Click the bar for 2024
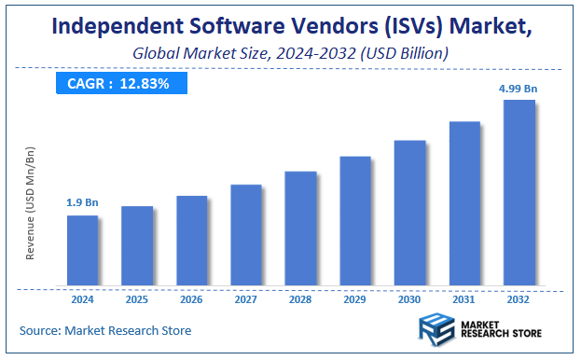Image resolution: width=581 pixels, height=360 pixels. (82, 250)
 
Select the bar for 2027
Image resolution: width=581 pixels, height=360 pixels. (246, 234)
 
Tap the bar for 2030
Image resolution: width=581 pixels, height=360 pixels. (409, 213)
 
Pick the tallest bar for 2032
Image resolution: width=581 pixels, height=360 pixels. (519, 192)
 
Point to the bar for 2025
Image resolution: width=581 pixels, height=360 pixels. (137, 245)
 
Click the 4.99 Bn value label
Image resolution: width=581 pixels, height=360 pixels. (519, 89)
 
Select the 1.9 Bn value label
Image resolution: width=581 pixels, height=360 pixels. (82, 202)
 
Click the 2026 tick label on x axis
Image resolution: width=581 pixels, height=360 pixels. (191, 300)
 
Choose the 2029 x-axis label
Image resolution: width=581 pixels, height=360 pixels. (355, 300)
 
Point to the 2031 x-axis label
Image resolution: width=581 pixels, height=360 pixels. (464, 300)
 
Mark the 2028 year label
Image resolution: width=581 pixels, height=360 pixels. (300, 300)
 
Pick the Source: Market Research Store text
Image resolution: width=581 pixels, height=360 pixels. (104, 330)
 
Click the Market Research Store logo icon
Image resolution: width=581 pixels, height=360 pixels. (435, 331)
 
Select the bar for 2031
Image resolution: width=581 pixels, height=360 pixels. (464, 203)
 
